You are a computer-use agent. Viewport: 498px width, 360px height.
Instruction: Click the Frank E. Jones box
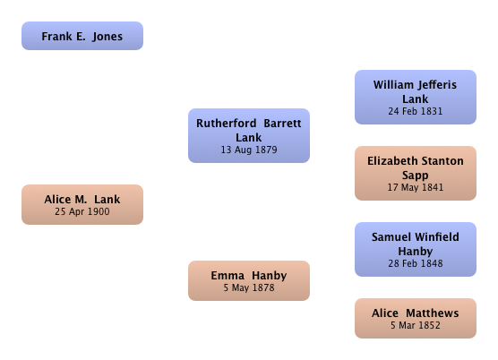pyautogui.click(x=82, y=36)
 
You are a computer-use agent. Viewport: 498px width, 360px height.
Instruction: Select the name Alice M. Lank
pyautogui.click(x=82, y=200)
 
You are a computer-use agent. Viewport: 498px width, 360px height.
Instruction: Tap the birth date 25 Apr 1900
pyautogui.click(x=82, y=211)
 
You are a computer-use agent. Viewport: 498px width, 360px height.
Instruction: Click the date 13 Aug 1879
pyautogui.click(x=249, y=150)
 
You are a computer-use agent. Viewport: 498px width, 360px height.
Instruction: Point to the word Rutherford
pyautogui.click(x=226, y=124)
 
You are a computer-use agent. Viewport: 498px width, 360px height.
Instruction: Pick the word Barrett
pyautogui.click(x=282, y=124)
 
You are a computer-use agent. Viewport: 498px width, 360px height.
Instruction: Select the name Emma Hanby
pyautogui.click(x=249, y=276)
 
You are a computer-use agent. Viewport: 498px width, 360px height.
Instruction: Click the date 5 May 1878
pyautogui.click(x=249, y=287)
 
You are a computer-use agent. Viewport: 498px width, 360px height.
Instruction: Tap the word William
pyautogui.click(x=393, y=85)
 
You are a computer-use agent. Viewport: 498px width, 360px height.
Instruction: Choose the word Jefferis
pyautogui.click(x=438, y=85)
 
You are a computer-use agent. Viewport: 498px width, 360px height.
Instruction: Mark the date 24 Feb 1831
pyautogui.click(x=416, y=111)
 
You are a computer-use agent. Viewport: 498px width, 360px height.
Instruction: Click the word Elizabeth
pyautogui.click(x=392, y=161)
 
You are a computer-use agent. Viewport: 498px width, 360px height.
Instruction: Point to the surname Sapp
pyautogui.click(x=416, y=176)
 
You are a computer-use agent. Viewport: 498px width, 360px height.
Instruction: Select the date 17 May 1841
pyautogui.click(x=416, y=187)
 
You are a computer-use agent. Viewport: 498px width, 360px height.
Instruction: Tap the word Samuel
pyautogui.click(x=391, y=237)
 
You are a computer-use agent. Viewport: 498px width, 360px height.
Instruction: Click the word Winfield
pyautogui.click(x=437, y=237)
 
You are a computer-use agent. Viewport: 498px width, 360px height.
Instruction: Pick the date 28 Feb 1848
pyautogui.click(x=416, y=263)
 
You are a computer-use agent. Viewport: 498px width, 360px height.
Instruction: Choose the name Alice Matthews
pyautogui.click(x=416, y=313)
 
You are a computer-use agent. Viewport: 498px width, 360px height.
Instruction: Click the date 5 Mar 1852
pyautogui.click(x=416, y=325)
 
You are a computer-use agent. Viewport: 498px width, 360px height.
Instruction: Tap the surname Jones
pyautogui.click(x=107, y=37)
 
